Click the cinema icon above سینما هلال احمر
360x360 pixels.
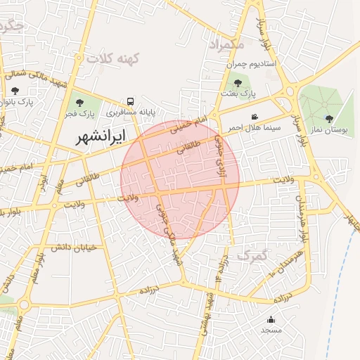coord(254,117)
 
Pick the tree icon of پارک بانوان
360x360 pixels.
coord(15,90)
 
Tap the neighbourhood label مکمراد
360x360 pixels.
coord(229,44)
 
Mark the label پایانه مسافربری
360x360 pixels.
coord(130,112)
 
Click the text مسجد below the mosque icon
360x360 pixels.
coord(271,330)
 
